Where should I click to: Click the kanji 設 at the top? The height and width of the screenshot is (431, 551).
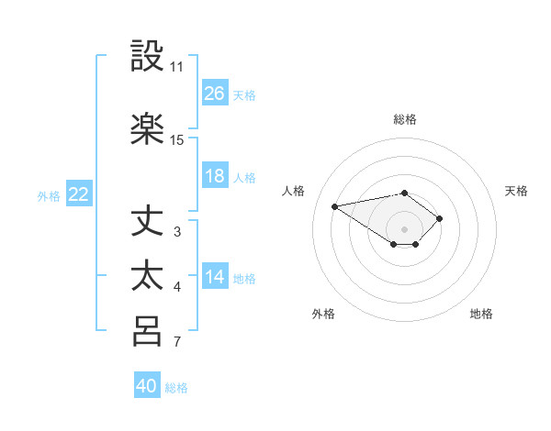pyautogui.click(x=148, y=57)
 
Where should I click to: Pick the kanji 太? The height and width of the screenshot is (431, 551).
pyautogui.click(x=148, y=276)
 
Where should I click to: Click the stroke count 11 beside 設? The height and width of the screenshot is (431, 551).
pyautogui.click(x=176, y=67)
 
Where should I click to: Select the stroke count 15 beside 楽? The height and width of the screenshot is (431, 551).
pyautogui.click(x=177, y=140)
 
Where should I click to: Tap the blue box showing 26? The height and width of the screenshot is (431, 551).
pyautogui.click(x=215, y=93)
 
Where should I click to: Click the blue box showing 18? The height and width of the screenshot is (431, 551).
pyautogui.click(x=215, y=176)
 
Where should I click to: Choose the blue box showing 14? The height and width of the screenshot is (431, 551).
pyautogui.click(x=215, y=277)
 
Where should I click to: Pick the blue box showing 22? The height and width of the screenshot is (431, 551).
pyautogui.click(x=79, y=194)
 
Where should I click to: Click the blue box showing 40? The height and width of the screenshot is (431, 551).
pyautogui.click(x=147, y=386)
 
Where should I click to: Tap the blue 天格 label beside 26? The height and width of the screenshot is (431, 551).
pyautogui.click(x=244, y=94)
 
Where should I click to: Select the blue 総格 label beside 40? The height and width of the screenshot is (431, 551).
pyautogui.click(x=176, y=388)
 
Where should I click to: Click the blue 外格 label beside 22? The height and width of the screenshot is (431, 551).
pyautogui.click(x=49, y=195)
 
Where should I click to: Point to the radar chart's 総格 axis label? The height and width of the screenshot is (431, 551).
pyautogui.click(x=404, y=119)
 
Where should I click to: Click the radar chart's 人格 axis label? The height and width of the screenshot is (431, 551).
pyautogui.click(x=294, y=191)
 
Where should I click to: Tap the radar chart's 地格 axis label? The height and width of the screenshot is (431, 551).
pyautogui.click(x=481, y=314)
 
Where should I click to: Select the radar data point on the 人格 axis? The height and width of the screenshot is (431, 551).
pyautogui.click(x=335, y=206)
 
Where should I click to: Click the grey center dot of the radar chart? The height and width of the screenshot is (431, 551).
pyautogui.click(x=404, y=228)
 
